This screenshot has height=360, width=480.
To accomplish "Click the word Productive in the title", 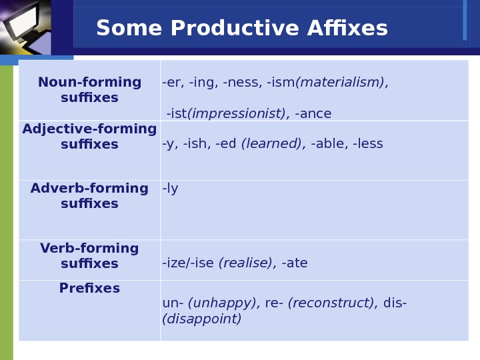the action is click(x=235, y=28).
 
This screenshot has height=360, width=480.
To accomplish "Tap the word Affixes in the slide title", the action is click(x=347, y=28).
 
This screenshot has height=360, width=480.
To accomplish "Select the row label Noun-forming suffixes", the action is click(x=89, y=90).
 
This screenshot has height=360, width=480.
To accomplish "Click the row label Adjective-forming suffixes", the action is click(x=89, y=136).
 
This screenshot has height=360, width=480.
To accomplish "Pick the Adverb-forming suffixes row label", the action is click(x=89, y=195).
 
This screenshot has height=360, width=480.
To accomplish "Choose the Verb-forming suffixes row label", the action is click(x=89, y=255).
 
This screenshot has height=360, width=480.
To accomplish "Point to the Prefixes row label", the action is click(x=89, y=288).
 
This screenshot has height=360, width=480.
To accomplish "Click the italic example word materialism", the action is click(x=340, y=83).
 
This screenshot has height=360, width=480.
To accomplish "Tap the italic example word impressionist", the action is click(x=236, y=113).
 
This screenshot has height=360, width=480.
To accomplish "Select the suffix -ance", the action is click(x=313, y=114).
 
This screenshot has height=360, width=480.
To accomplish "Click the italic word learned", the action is click(x=271, y=143).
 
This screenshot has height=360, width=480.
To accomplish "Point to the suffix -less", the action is click(x=367, y=143).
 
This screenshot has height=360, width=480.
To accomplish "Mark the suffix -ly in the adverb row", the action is click(x=170, y=189).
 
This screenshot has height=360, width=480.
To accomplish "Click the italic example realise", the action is click(x=245, y=263).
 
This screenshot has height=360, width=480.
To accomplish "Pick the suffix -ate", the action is click(x=295, y=263).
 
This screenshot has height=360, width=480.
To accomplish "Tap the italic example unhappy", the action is click(x=222, y=303).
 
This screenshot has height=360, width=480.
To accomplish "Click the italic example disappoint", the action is click(x=202, y=319).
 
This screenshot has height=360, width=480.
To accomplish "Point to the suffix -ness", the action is click(x=243, y=83).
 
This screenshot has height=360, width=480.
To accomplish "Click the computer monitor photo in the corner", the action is click(x=25, y=27).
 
